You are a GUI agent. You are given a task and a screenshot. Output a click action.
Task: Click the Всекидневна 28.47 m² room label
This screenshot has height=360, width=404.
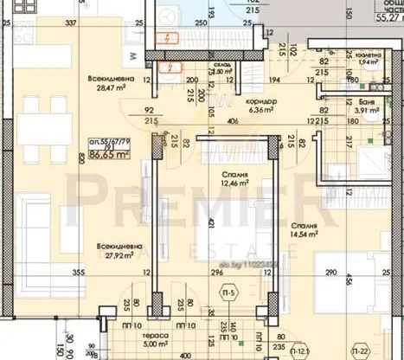point(110,82)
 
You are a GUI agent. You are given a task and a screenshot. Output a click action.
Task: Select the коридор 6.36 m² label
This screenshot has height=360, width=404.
point(260,106)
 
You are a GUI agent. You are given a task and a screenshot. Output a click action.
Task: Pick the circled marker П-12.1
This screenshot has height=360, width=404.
point(299,352)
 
